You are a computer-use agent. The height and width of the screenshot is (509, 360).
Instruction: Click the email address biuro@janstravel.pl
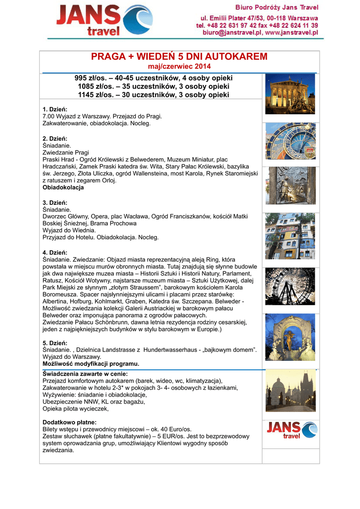click(230, 32)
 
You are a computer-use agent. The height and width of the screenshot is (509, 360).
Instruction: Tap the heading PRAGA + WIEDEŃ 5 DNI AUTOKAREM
click(180, 57)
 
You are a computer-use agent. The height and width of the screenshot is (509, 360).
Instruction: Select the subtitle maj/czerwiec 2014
click(180, 67)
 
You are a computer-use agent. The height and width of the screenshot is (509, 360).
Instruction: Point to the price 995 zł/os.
click(89, 79)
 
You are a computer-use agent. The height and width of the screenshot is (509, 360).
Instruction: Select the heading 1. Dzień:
click(55, 109)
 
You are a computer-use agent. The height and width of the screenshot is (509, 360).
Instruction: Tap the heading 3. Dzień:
click(55, 203)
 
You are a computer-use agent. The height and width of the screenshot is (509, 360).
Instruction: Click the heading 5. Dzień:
click(55, 343)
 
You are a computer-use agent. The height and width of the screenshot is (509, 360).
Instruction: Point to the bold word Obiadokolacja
click(63, 188)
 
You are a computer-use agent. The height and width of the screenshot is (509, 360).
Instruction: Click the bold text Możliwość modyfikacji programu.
click(91, 364)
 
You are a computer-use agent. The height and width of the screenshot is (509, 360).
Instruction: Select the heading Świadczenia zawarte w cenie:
click(86, 374)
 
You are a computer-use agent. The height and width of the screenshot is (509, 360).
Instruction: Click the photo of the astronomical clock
click(290, 141)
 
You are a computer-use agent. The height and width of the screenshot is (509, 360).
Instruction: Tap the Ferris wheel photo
click(290, 286)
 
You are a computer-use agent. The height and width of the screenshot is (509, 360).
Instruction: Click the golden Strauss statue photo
click(290, 338)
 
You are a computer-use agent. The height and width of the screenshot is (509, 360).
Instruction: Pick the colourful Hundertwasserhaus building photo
click(290, 236)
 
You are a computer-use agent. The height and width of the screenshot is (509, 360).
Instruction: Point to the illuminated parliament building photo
click(290, 94)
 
